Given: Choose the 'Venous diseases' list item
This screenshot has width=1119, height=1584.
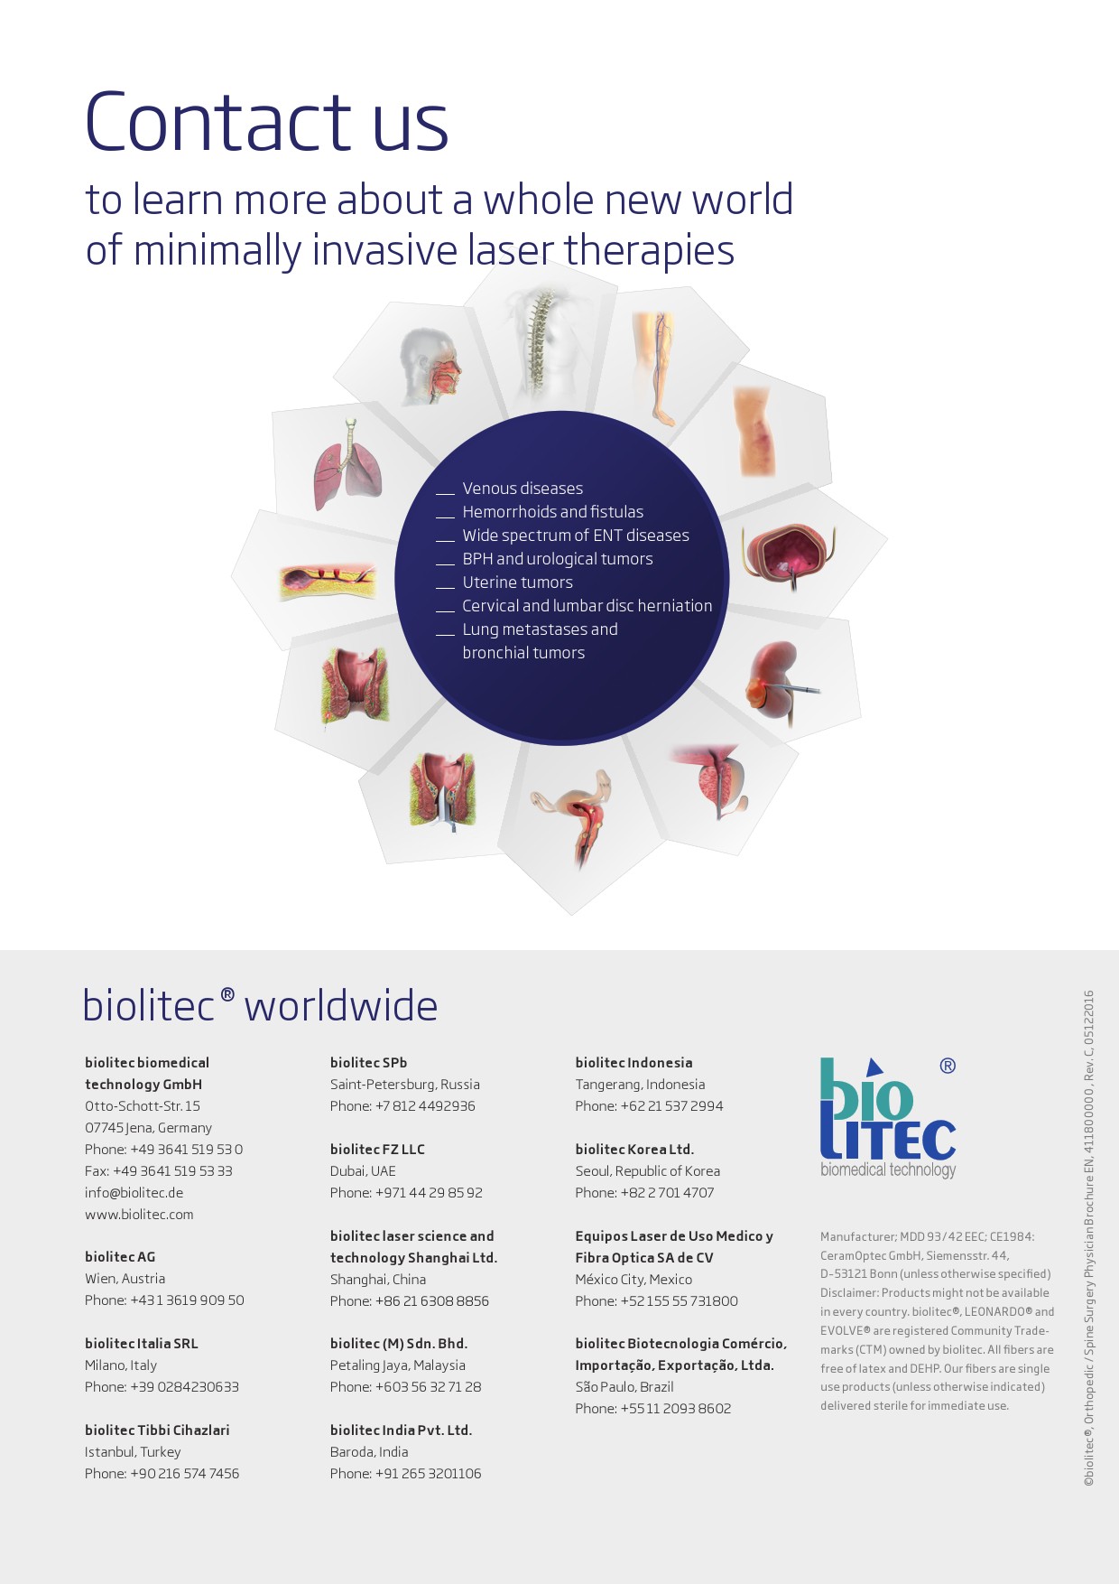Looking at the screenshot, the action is click(x=523, y=489).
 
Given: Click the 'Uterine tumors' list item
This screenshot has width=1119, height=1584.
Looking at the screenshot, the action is click(x=517, y=582).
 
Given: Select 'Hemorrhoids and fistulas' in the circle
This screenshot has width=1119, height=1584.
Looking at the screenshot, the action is click(x=552, y=512).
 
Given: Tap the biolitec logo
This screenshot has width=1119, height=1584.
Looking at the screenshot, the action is click(x=888, y=1117).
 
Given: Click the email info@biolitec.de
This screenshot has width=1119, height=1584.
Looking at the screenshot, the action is click(x=134, y=1193).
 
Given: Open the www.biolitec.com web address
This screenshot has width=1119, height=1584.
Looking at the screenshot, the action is click(x=139, y=1215).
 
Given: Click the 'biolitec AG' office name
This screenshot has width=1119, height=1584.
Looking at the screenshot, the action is click(x=120, y=1257).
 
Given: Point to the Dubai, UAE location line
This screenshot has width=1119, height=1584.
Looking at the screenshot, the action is click(x=363, y=1171).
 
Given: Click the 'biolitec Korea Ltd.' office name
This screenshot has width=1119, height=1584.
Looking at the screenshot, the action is click(x=634, y=1150).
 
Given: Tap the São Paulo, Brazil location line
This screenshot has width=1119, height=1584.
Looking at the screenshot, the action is click(x=624, y=1387).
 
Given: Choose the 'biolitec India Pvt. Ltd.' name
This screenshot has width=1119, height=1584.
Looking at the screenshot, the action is click(x=401, y=1430).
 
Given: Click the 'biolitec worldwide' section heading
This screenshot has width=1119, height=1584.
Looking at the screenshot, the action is click(x=260, y=1006).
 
